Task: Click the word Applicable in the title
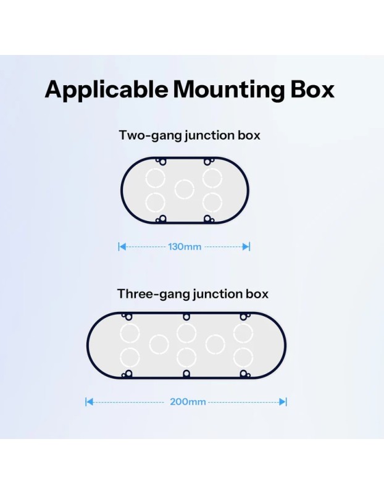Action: tap(106, 90)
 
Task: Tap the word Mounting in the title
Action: tap(228, 90)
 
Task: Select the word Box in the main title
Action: tap(312, 90)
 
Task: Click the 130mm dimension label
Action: tap(185, 246)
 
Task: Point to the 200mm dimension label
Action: tap(188, 402)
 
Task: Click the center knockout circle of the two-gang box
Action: tap(184, 190)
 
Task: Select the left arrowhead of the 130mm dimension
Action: tap(122, 246)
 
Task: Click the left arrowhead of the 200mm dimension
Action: tap(90, 402)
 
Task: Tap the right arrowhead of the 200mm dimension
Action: tap(282, 402)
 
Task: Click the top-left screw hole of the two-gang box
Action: tap(162, 162)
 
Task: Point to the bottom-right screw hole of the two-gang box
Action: tap(207, 219)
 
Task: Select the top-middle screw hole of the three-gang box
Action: tap(186, 317)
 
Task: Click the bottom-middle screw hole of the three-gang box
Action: tap(186, 374)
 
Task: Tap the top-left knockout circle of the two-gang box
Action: tap(156, 178)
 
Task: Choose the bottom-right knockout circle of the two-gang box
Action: tap(212, 202)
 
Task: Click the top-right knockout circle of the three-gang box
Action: tap(243, 333)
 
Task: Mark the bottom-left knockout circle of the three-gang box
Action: tap(130, 358)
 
